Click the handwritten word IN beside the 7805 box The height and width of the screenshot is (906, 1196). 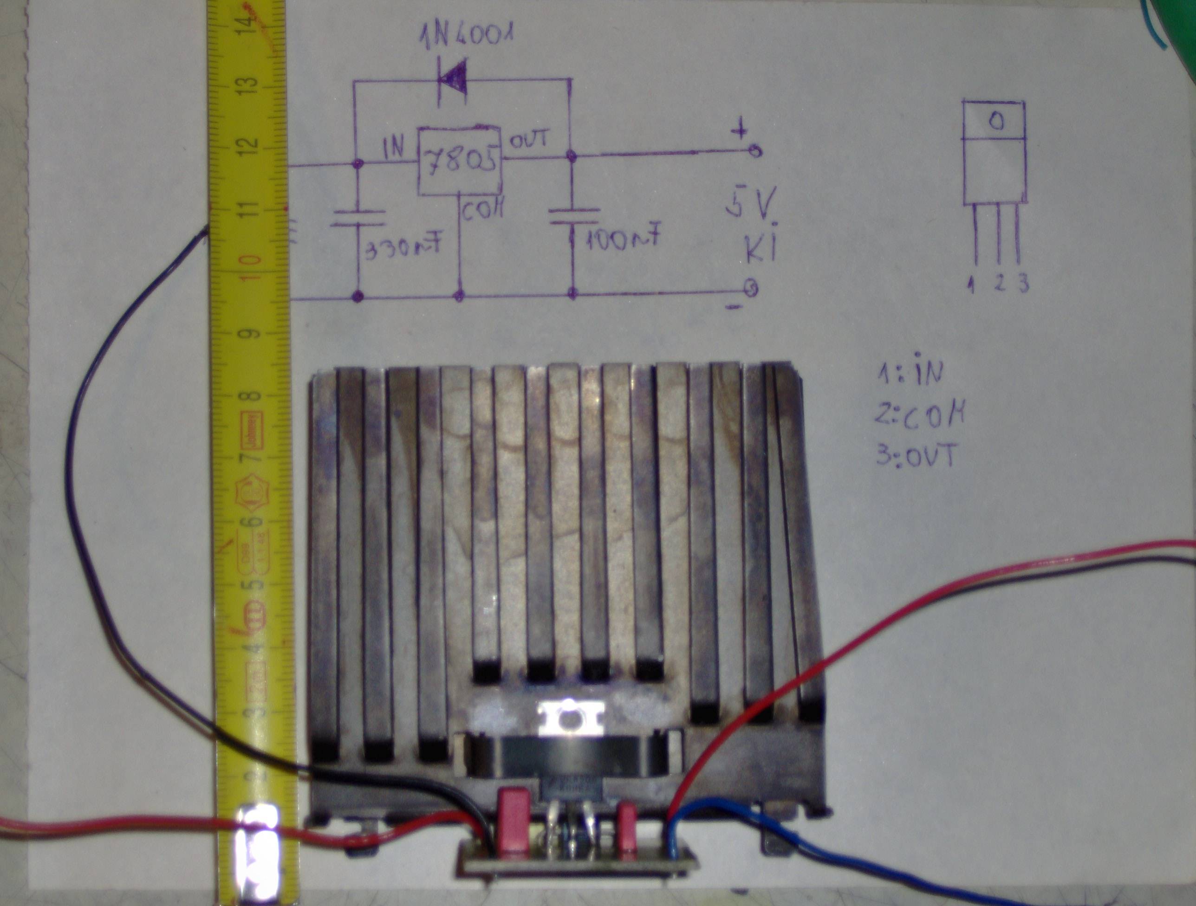tap(393, 148)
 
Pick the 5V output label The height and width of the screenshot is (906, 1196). tap(751, 210)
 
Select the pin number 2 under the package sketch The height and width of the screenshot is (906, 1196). tap(999, 283)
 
